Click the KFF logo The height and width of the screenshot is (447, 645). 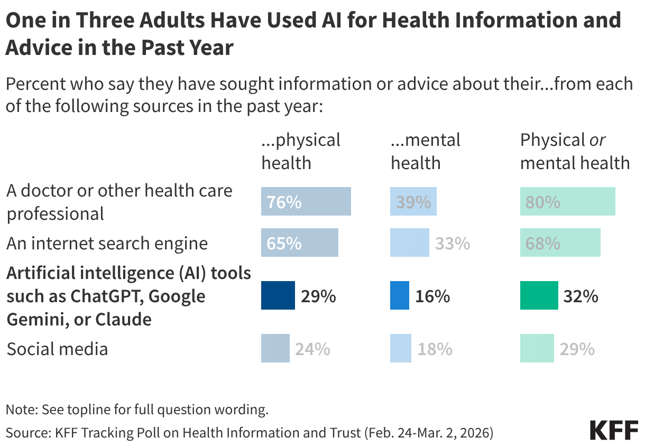[x=614, y=431]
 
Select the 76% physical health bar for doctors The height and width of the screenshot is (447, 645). [x=306, y=201]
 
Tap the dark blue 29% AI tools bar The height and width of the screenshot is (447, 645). [x=278, y=295]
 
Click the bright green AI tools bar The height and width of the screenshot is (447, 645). [x=539, y=295]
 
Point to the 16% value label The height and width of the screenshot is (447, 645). [x=432, y=296]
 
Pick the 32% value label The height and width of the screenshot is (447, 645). [x=580, y=296]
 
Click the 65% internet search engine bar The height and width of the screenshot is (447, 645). [x=299, y=243]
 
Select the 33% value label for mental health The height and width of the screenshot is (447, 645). [x=453, y=244]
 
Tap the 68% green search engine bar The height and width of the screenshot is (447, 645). [x=560, y=243]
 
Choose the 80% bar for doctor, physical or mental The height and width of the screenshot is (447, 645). [x=567, y=201]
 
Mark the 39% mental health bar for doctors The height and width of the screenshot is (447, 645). [x=413, y=201]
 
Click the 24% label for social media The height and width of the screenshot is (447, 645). [x=312, y=349]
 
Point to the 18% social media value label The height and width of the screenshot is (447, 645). [x=435, y=349]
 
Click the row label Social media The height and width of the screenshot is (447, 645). [x=57, y=349]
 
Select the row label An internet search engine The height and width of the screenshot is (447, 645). [x=107, y=244]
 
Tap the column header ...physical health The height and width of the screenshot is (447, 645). [x=301, y=151]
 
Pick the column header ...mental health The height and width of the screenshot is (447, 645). [x=425, y=151]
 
